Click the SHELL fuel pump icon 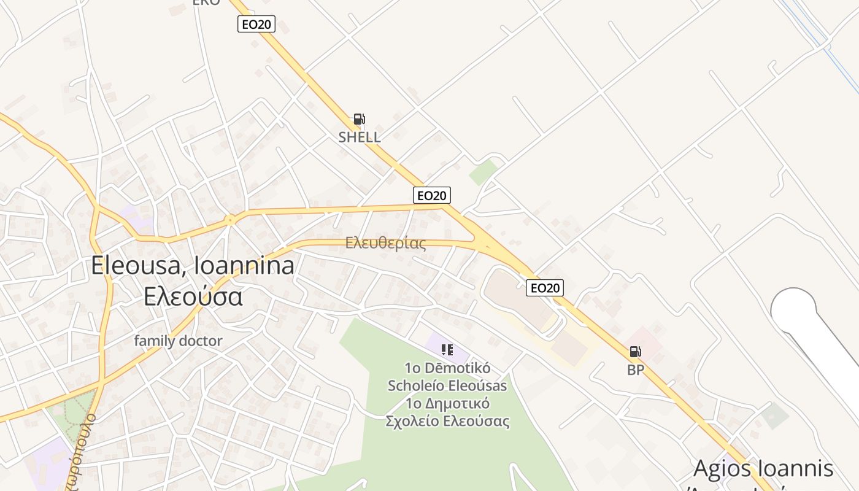[x=359, y=119]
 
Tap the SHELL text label [x=360, y=137]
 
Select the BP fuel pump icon [x=635, y=352]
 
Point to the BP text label [x=636, y=370]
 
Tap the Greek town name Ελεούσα [x=193, y=296]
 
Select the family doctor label [x=178, y=341]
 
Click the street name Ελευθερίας [x=385, y=243]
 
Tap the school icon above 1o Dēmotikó [x=447, y=350]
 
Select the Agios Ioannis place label [x=763, y=468]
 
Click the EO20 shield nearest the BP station [x=544, y=288]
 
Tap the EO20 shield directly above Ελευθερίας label [x=431, y=195]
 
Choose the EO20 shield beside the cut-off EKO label [x=256, y=25]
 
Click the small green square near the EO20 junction [x=483, y=172]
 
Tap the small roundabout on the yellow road [x=230, y=219]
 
